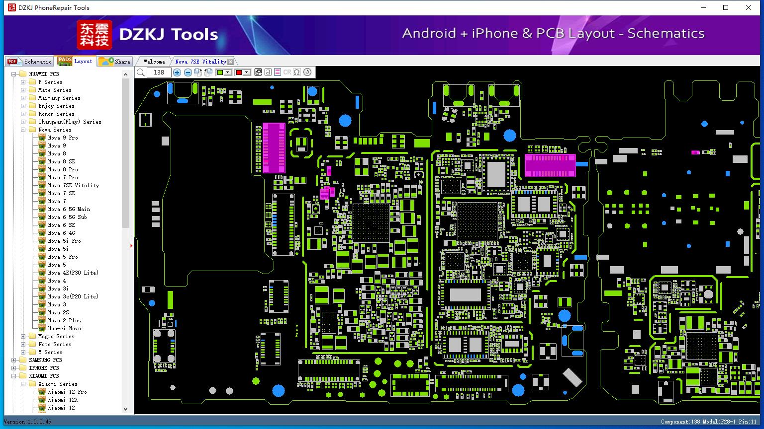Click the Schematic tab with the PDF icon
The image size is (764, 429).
[30, 61]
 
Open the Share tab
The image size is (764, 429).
[114, 61]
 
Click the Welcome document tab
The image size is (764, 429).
[154, 62]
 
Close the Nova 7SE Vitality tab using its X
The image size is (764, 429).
[231, 62]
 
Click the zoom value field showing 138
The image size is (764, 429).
[159, 72]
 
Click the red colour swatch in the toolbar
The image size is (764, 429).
[239, 72]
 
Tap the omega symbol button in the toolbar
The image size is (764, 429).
[297, 72]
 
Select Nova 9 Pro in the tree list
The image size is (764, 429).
[63, 138]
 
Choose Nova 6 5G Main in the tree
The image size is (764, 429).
[69, 209]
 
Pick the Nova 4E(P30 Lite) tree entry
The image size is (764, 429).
[73, 273]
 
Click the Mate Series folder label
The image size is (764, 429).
[55, 90]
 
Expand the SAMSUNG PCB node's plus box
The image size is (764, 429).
[13, 360]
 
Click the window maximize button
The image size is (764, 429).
[726, 7]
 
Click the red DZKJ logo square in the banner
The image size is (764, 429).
[95, 34]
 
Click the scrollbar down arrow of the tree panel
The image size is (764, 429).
[125, 409]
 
